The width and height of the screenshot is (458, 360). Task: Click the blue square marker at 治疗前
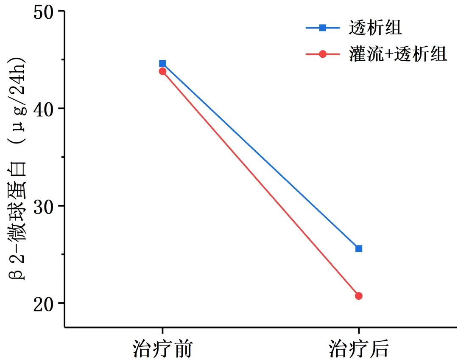tap(162, 64)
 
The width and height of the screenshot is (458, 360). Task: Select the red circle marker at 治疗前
tap(162, 71)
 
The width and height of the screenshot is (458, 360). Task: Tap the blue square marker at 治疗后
tap(359, 248)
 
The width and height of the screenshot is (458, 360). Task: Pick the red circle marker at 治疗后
tap(359, 296)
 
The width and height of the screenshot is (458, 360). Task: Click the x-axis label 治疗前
tap(162, 349)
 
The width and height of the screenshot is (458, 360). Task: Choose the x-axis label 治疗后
tap(359, 349)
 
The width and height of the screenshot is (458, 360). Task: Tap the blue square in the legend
tap(323, 28)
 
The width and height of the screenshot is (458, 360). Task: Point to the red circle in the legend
tap(323, 54)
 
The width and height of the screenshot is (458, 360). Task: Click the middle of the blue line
tap(260, 156)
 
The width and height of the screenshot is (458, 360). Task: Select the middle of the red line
tap(260, 183)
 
